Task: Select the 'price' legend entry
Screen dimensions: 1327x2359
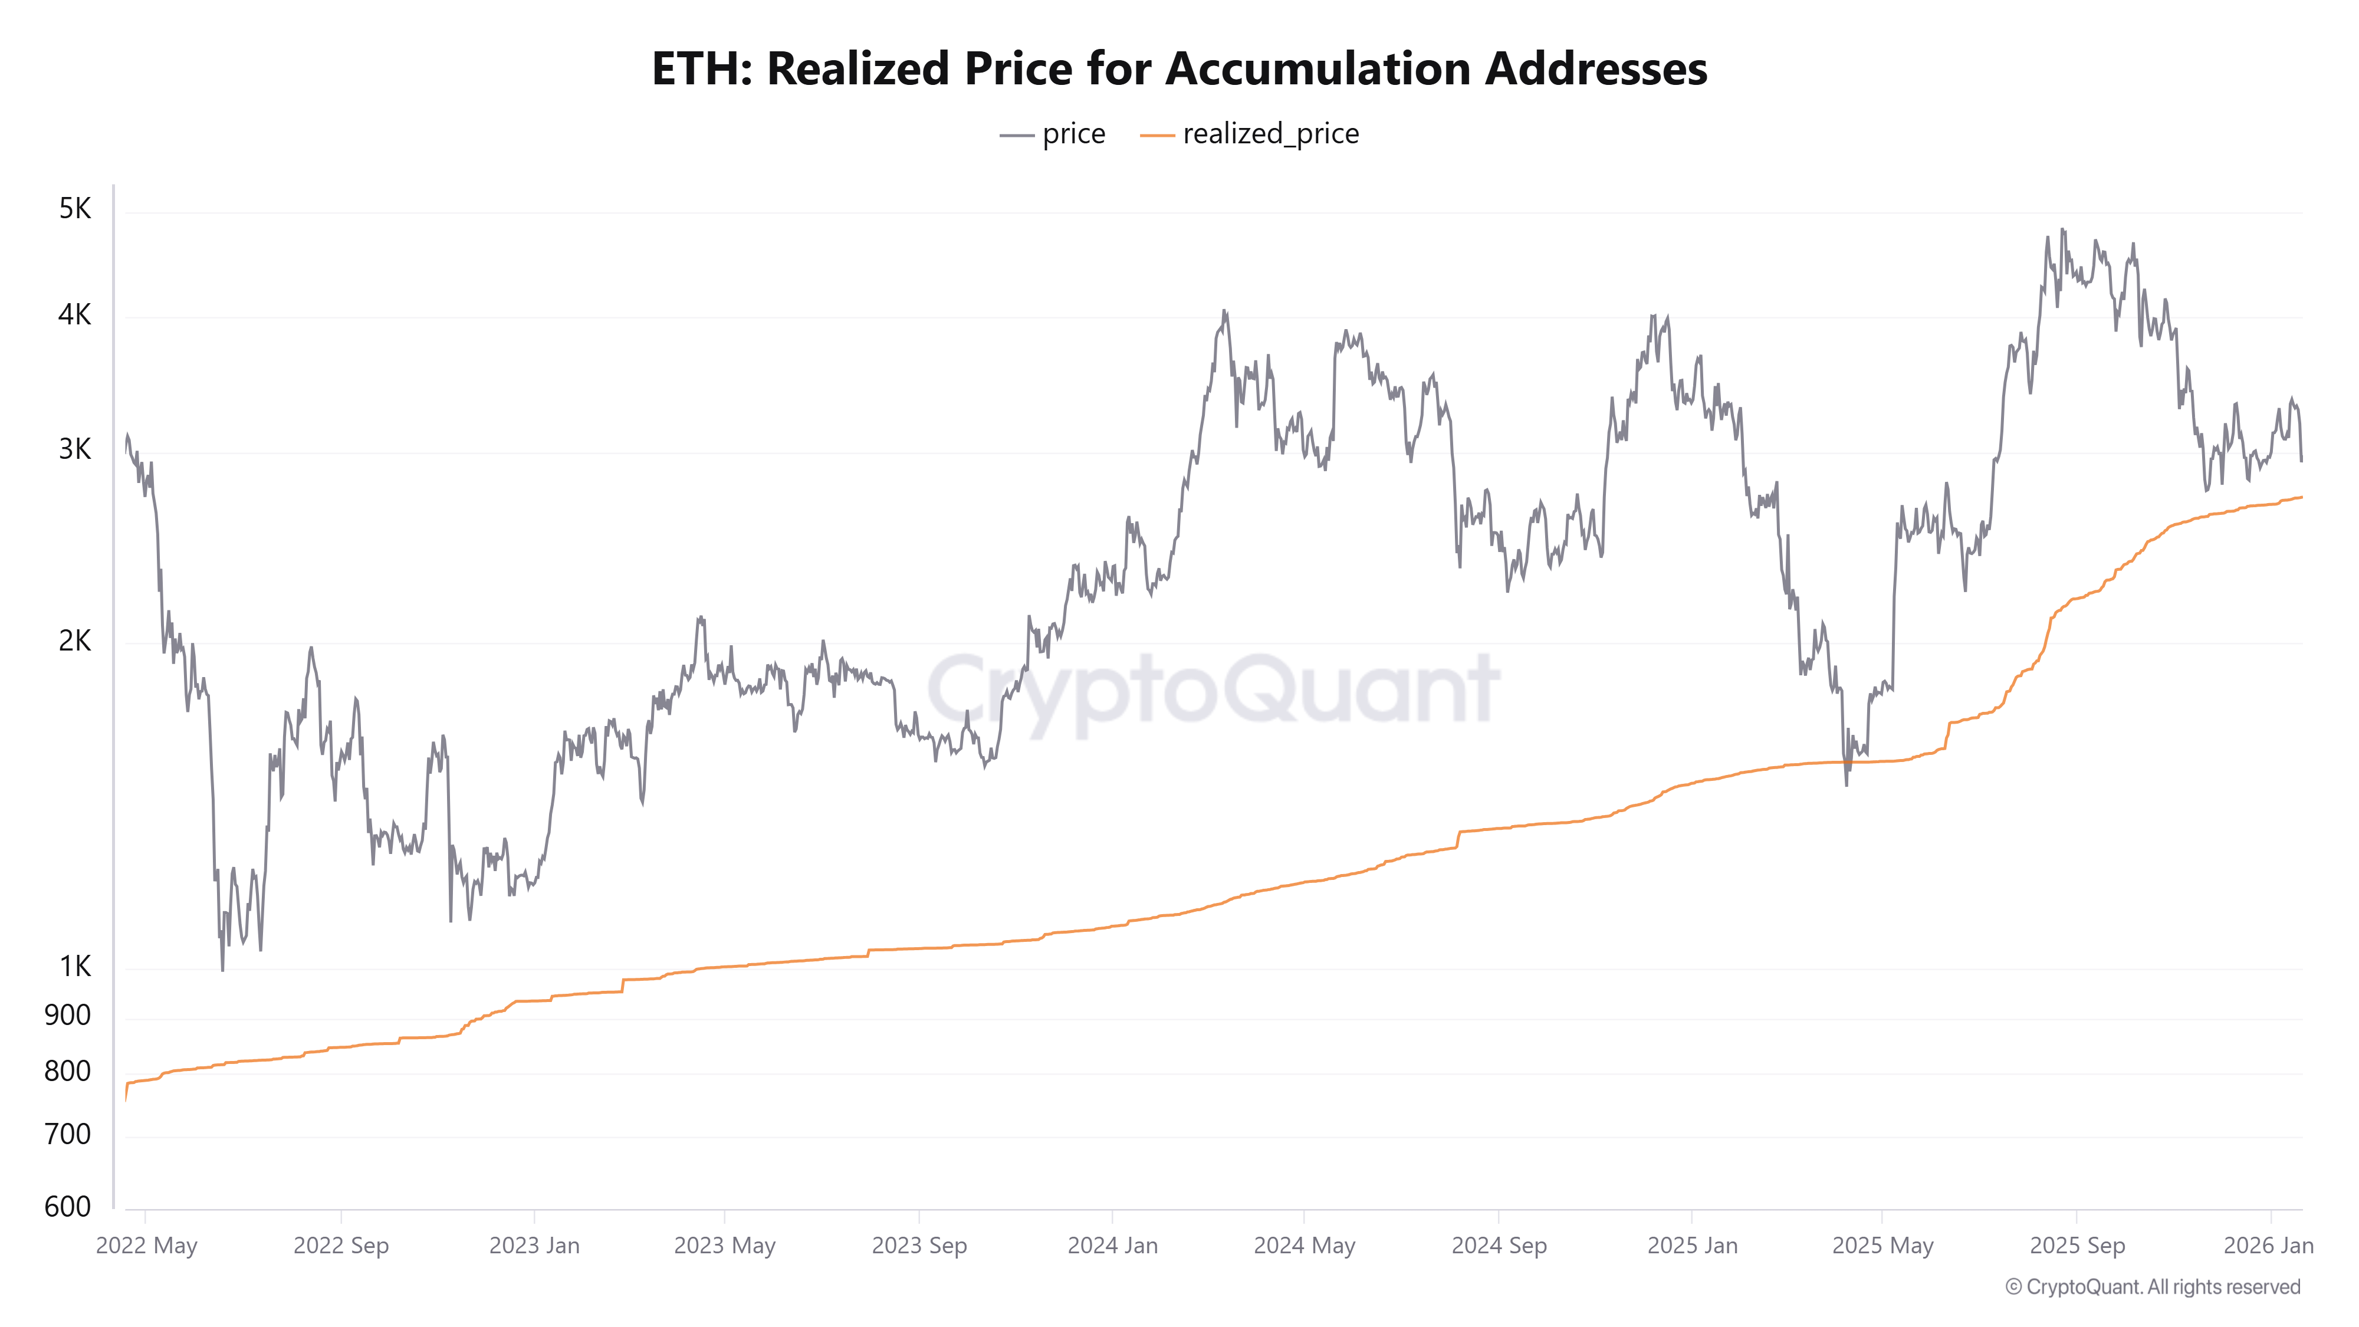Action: pos(1053,134)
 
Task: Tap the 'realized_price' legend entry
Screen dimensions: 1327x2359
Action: pos(1250,134)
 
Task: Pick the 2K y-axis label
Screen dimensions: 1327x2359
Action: pos(75,641)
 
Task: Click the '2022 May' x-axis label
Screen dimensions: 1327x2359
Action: pos(146,1246)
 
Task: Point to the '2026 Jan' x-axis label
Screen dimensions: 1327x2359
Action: pos(2268,1246)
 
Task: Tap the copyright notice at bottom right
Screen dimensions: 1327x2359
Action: pos(2152,1287)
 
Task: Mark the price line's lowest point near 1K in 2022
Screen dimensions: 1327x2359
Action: pos(222,969)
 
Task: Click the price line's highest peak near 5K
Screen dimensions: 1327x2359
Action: pos(2062,230)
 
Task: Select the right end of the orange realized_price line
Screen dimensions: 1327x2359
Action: pos(2301,497)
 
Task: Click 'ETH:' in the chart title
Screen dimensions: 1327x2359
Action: pos(701,68)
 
